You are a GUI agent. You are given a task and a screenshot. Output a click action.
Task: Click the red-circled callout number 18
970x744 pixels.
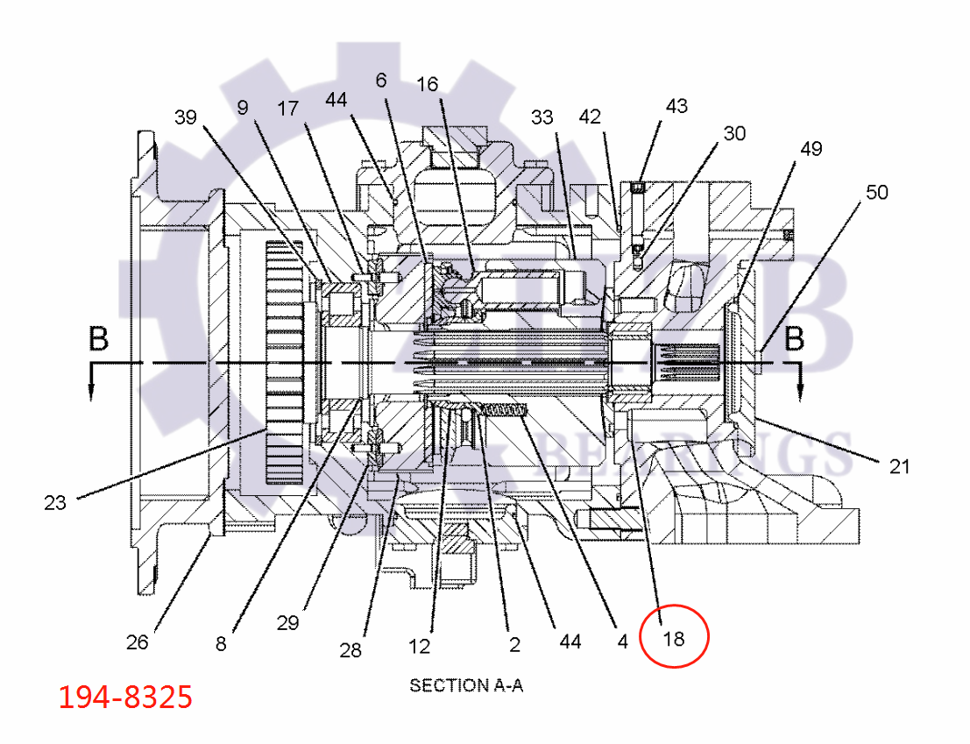click(x=673, y=638)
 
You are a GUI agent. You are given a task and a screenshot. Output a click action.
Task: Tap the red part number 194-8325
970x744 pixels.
click(x=124, y=698)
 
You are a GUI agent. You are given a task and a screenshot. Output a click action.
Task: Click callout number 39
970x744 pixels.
click(x=186, y=117)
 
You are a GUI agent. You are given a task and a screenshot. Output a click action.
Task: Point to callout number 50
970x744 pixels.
click(x=876, y=192)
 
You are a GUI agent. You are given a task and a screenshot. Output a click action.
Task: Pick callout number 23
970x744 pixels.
click(x=55, y=503)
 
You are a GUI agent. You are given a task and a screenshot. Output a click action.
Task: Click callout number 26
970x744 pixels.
click(x=137, y=642)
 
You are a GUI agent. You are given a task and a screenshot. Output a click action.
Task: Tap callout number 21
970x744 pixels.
click(x=899, y=467)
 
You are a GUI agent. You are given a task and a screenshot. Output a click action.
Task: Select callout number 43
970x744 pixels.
click(x=676, y=106)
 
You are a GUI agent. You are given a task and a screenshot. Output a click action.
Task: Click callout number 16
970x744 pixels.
click(x=427, y=84)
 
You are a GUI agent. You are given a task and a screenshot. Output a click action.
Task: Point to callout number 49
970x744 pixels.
click(x=810, y=149)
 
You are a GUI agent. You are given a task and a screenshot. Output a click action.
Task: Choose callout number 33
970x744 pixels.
click(x=542, y=117)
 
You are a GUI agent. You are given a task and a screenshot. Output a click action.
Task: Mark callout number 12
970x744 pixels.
click(x=420, y=647)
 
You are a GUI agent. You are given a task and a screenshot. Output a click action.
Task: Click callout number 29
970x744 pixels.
click(x=287, y=623)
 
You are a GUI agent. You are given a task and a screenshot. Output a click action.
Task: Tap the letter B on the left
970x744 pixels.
click(x=99, y=339)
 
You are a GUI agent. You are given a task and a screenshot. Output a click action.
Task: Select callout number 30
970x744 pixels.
click(x=734, y=133)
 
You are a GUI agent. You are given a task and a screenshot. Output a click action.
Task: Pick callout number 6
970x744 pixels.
click(x=380, y=80)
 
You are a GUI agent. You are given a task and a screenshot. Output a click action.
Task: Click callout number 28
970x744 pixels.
click(x=350, y=650)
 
